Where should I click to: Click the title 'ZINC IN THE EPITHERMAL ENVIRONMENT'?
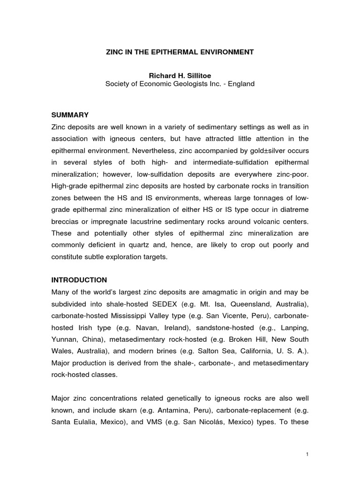[180, 52]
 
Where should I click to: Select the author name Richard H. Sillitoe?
[180, 76]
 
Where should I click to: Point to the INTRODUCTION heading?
[79, 280]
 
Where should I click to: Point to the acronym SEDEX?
[172, 304]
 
